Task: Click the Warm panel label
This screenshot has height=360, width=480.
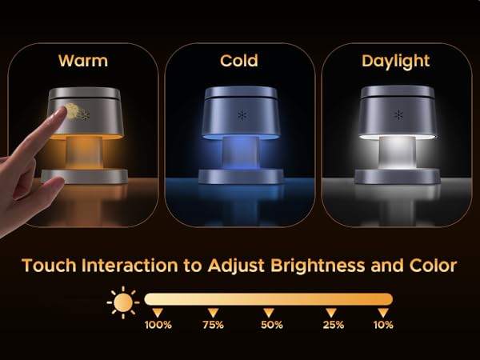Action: click(x=82, y=61)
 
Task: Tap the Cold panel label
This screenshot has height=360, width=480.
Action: click(x=239, y=61)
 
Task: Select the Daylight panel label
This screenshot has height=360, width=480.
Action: click(x=396, y=61)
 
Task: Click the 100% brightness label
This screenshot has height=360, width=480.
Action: click(x=158, y=325)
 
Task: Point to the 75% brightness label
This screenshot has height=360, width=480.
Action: click(x=213, y=325)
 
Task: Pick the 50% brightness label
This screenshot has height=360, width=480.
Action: click(x=271, y=325)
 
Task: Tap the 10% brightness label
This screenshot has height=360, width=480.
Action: click(x=383, y=325)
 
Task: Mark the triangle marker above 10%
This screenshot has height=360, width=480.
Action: click(x=383, y=311)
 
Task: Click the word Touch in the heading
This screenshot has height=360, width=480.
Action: click(x=50, y=266)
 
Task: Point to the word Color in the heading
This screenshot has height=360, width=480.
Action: click(x=432, y=266)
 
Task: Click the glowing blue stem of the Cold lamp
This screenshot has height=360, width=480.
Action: click(x=239, y=151)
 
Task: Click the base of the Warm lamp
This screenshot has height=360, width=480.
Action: click(x=84, y=175)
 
